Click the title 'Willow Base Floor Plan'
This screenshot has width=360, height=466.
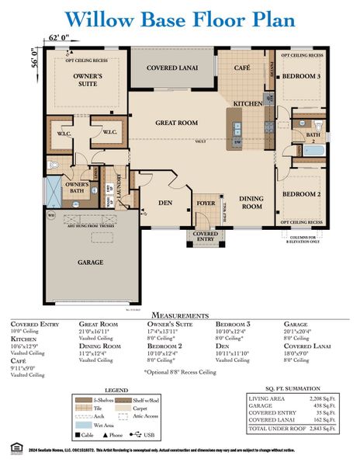[179, 19]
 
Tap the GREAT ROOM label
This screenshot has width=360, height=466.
[177, 123]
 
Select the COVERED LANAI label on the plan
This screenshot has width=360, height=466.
[171, 68]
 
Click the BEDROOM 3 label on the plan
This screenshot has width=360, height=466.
[301, 77]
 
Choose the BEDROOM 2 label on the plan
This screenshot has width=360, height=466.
[301, 193]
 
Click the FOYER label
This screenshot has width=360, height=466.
[206, 203]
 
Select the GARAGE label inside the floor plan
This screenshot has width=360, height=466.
[90, 263]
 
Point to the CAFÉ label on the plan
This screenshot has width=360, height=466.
[241, 68]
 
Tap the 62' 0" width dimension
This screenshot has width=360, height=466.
[59, 37]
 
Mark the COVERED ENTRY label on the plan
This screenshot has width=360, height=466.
[206, 237]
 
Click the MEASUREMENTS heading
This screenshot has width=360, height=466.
[179, 315]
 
